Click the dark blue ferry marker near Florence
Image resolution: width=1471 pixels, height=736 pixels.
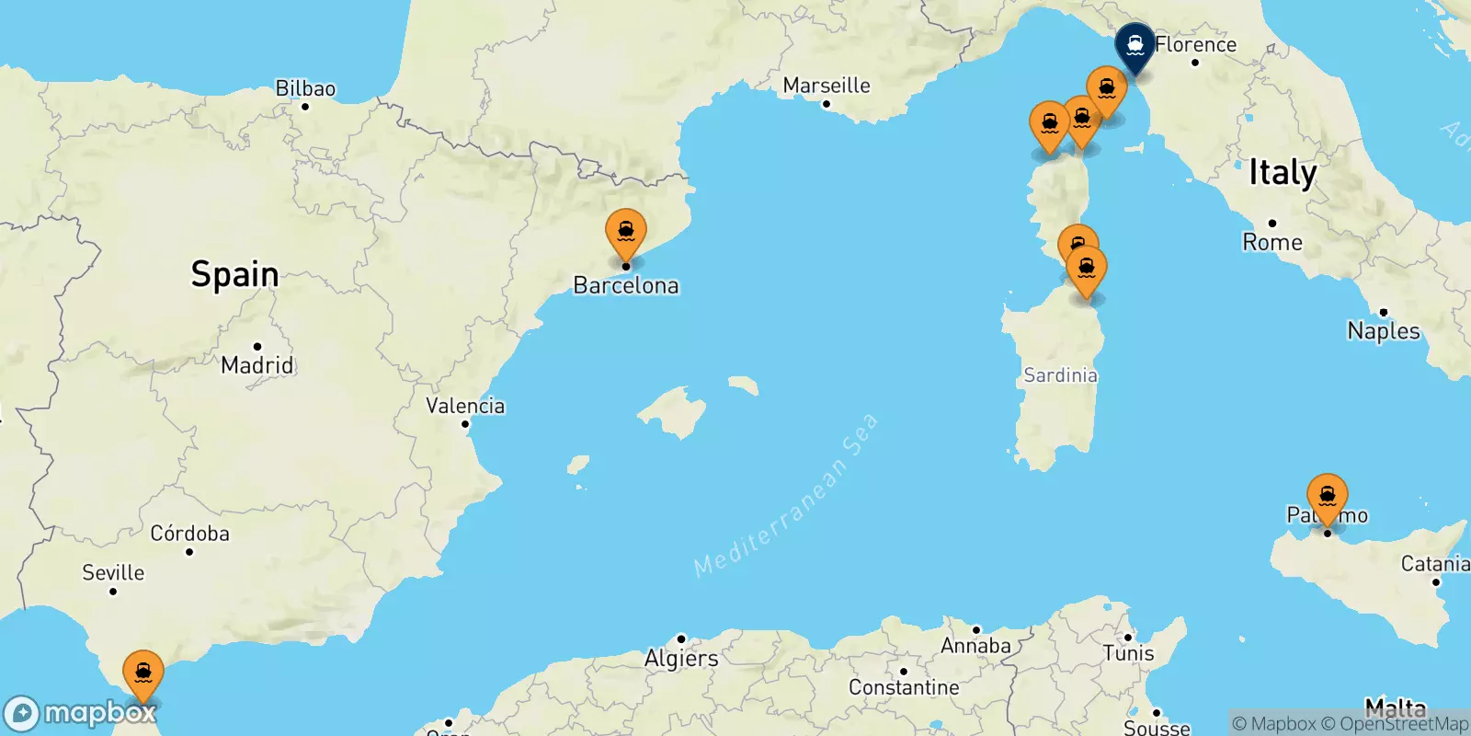click(x=1135, y=45)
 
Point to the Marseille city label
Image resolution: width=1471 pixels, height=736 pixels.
click(x=827, y=86)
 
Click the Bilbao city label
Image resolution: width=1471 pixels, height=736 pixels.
click(x=305, y=88)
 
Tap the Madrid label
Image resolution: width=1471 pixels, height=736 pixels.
click(x=257, y=365)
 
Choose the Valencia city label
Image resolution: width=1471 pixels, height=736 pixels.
click(x=465, y=406)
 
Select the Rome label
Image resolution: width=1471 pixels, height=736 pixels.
click(x=1272, y=242)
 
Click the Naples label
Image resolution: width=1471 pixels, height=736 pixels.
click(x=1383, y=330)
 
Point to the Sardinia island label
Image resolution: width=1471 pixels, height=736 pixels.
click(x=1060, y=375)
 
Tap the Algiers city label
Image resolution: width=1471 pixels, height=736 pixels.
click(x=681, y=658)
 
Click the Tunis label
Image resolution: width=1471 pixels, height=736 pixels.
click(x=1128, y=653)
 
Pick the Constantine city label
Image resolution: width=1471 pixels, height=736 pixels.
click(x=904, y=687)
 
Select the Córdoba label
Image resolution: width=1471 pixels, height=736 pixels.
click(x=189, y=534)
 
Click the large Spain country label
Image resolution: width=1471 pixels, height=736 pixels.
click(x=234, y=274)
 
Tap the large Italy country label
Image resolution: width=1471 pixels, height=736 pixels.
click(x=1283, y=173)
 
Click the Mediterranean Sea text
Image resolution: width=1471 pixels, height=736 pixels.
click(x=786, y=497)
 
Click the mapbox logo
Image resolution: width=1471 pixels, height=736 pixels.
click(x=81, y=713)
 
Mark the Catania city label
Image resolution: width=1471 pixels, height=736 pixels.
click(x=1434, y=564)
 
